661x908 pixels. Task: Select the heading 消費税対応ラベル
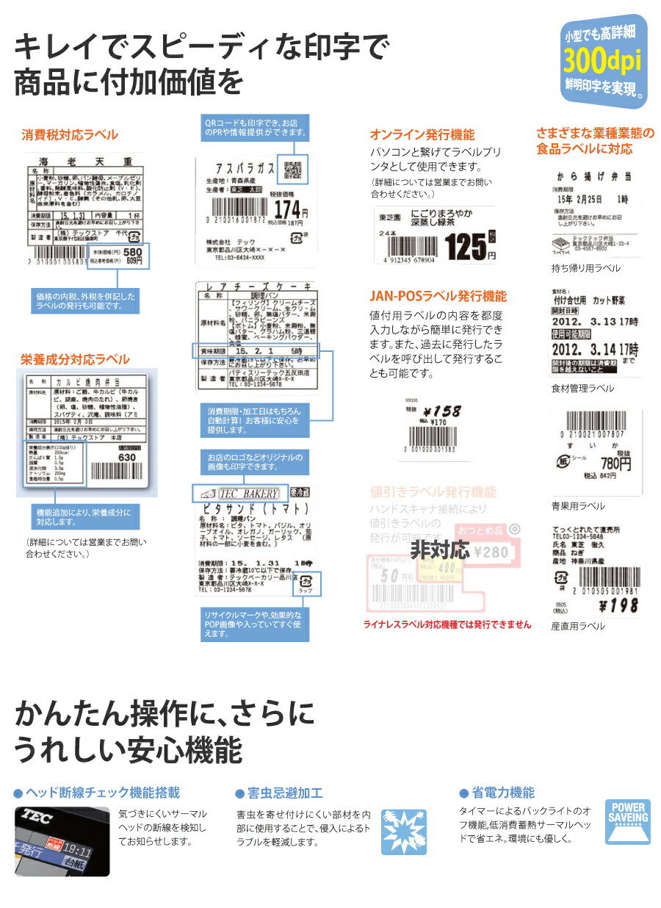[70, 135]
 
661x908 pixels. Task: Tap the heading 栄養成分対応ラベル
[75, 359]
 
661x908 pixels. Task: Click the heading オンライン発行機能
[422, 135]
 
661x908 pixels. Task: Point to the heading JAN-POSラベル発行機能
[438, 297]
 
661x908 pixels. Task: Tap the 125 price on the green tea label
[466, 247]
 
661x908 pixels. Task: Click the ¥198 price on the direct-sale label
[619, 605]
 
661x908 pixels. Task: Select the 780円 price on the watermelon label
[615, 464]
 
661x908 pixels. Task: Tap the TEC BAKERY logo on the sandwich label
[236, 494]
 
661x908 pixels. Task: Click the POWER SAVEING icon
[627, 822]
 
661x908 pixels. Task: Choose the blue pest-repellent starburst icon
[404, 832]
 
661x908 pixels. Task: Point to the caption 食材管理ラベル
[582, 388]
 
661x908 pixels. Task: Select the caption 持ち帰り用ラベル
[585, 268]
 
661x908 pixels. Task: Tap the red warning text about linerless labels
[447, 624]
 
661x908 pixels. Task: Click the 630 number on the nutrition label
[128, 458]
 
